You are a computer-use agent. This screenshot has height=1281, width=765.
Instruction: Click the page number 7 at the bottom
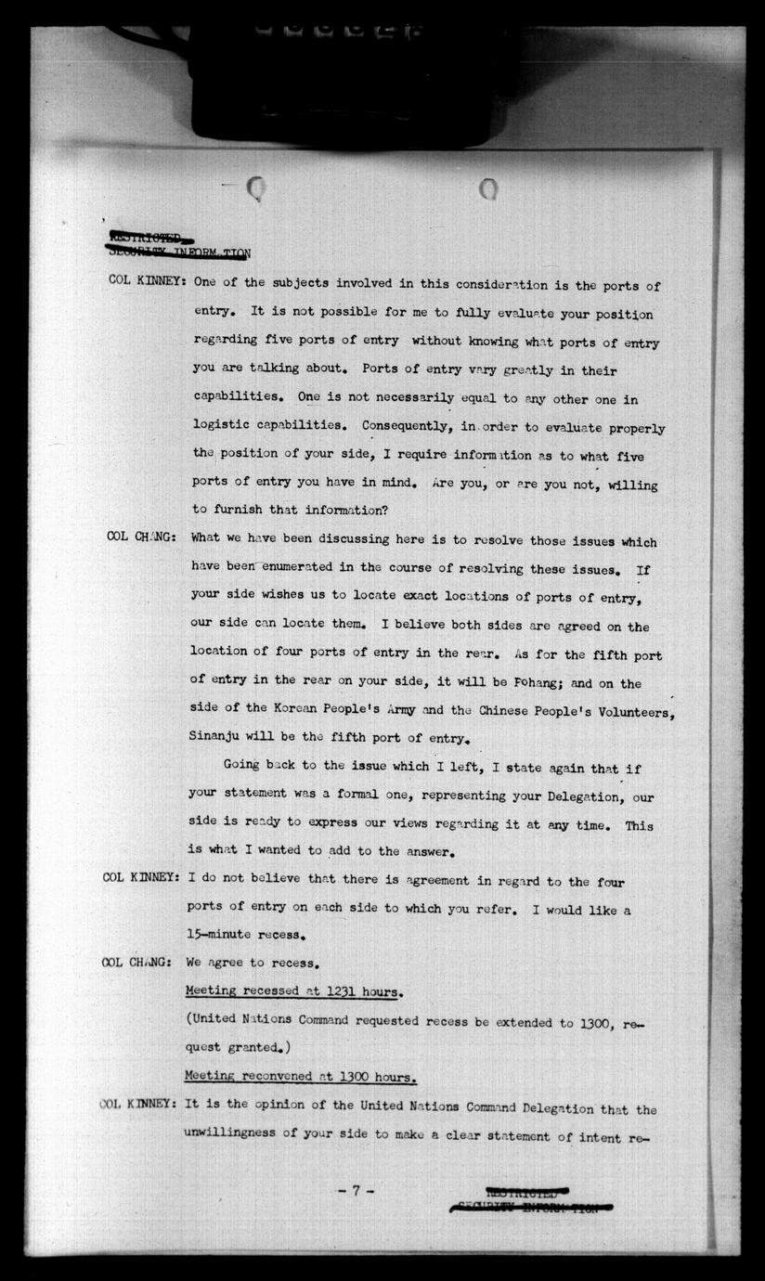(x=356, y=1191)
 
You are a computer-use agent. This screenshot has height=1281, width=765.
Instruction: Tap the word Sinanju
(x=221, y=740)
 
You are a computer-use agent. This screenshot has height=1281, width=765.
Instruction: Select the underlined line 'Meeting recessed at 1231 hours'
(x=293, y=991)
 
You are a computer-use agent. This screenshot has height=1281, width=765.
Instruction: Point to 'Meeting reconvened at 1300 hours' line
(x=300, y=1077)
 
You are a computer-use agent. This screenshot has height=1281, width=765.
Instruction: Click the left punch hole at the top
(x=257, y=189)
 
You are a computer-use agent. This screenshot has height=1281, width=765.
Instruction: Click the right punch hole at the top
(x=488, y=189)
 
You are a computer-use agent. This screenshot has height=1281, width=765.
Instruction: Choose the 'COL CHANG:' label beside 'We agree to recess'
(x=136, y=963)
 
